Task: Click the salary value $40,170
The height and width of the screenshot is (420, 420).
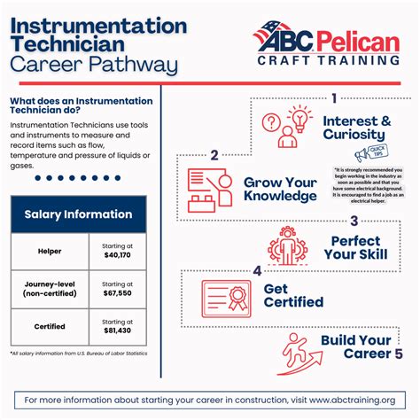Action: click(x=119, y=256)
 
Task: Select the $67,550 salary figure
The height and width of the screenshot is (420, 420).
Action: click(x=119, y=294)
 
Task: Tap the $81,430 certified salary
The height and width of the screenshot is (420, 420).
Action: click(x=119, y=331)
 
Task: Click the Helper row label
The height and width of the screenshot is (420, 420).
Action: click(x=50, y=252)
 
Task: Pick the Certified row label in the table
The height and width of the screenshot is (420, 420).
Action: click(x=50, y=326)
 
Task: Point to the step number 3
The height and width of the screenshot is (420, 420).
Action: click(x=354, y=222)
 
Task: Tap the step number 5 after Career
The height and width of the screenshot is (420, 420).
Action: click(x=398, y=354)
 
